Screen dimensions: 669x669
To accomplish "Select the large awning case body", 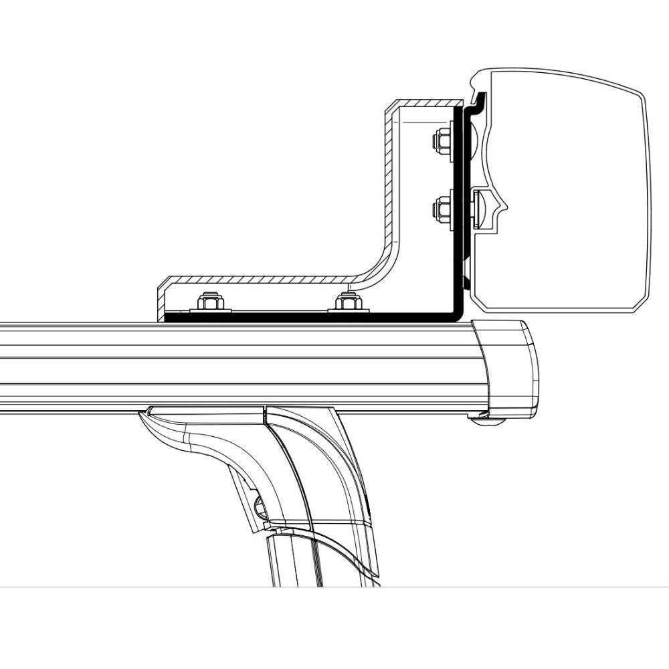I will pos(569,194).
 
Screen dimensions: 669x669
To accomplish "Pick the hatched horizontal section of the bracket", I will pos(268,278).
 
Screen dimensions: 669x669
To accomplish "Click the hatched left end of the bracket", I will pos(161,301).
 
